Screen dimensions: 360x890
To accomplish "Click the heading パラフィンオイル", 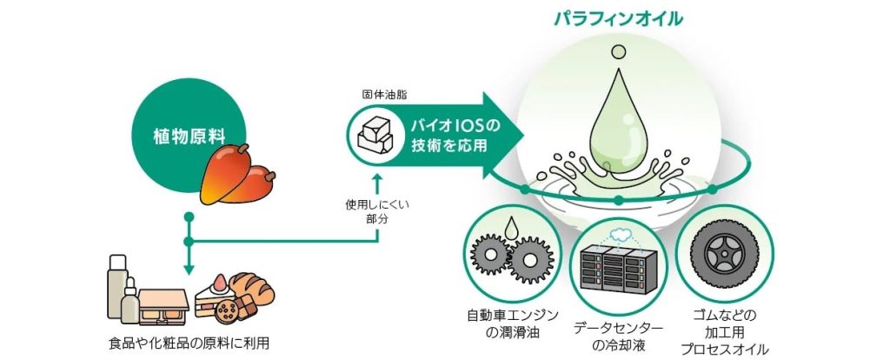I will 619,18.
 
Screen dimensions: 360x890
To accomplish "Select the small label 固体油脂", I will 380,93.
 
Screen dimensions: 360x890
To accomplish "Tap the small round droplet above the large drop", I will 617,54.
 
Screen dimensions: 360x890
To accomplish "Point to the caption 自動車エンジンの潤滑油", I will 512,322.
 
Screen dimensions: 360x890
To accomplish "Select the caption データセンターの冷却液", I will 618,335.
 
